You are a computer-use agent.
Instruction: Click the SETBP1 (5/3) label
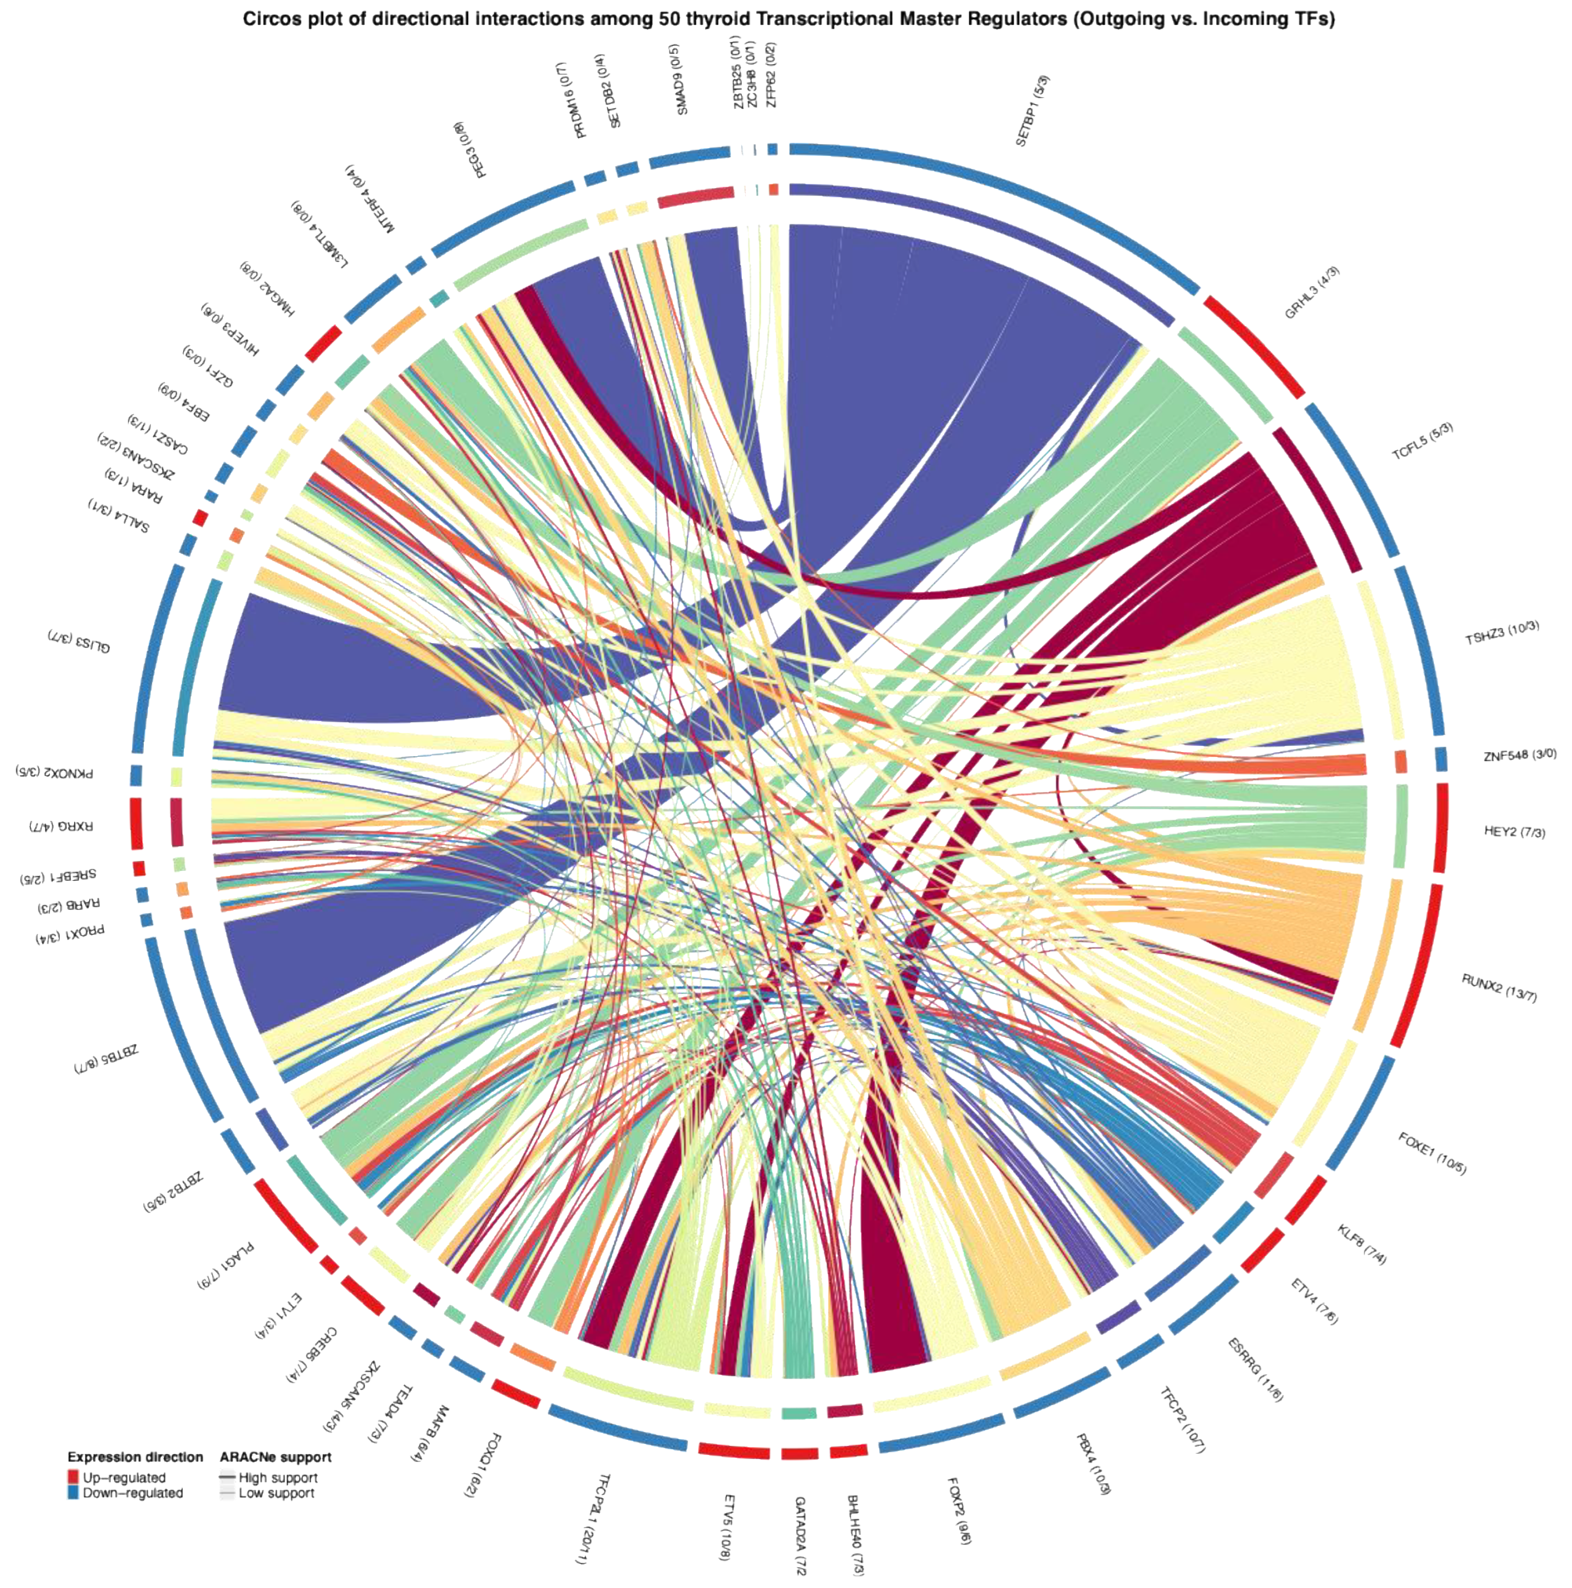1032,111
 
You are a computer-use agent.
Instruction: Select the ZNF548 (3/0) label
1519,754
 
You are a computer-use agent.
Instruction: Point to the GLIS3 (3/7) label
79,642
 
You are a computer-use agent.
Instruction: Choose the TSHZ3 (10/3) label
1501,633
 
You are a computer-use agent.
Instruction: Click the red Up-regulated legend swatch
73,1477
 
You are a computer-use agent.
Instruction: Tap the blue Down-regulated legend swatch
73,1492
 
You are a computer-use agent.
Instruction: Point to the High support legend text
278,1477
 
